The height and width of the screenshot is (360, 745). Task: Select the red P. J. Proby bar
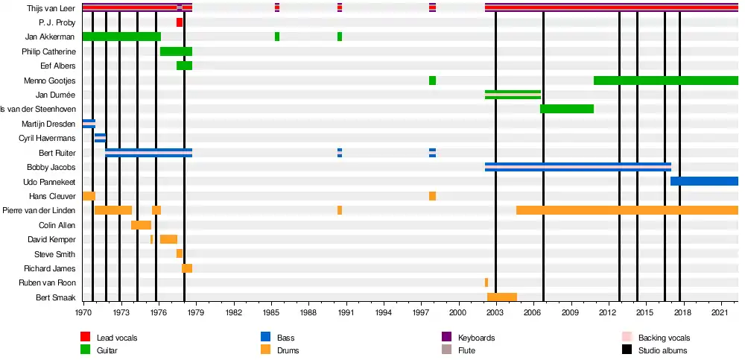[180, 22]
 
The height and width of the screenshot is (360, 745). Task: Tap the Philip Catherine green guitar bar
[176, 51]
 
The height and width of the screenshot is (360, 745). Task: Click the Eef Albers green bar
[184, 66]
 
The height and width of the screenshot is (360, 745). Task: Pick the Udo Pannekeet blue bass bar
[704, 181]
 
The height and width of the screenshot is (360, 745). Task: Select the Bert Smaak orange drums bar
[502, 297]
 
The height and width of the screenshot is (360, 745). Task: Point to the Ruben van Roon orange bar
[486, 282]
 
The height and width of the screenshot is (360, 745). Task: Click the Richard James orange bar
[187, 268]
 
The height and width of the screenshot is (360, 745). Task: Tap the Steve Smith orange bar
[180, 253]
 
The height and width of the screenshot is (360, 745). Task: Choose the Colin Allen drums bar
[141, 225]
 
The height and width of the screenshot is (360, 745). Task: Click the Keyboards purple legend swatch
[447, 338]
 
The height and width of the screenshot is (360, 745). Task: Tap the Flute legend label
[467, 350]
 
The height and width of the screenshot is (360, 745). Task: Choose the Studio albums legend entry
[662, 350]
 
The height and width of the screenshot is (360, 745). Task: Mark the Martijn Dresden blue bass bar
[89, 124]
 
